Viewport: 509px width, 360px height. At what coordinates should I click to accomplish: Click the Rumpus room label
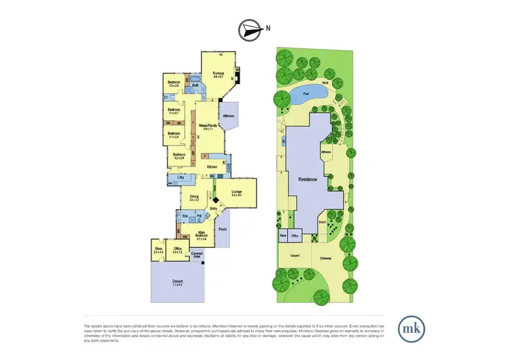pos(219,73)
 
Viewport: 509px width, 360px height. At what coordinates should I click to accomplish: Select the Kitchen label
pos(212,166)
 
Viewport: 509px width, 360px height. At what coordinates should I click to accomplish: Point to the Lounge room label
pos(237,193)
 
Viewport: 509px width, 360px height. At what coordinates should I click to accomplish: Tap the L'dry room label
pos(181,178)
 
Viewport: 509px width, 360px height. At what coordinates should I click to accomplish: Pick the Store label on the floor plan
pos(159,249)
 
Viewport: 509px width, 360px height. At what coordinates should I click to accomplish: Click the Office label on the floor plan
pos(176,249)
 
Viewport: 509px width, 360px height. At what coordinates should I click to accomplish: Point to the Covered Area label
pos(197,254)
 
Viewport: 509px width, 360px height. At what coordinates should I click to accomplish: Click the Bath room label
pos(194,85)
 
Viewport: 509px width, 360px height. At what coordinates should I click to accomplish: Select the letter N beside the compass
pos(268,29)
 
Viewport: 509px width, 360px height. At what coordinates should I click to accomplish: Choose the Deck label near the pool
pos(326,83)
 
